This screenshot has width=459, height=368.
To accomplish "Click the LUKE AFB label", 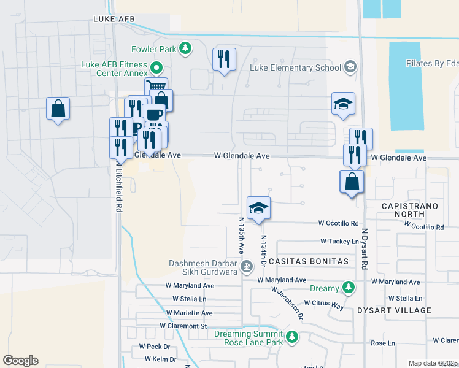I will click(114, 19).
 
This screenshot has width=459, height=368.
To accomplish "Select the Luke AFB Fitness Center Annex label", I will click(114, 69).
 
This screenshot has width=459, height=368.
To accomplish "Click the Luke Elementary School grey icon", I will click(350, 66).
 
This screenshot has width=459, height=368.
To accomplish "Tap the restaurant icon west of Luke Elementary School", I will click(223, 59).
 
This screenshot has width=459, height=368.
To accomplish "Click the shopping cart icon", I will click(156, 88).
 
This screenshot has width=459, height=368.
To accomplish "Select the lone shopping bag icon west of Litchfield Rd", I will click(58, 109).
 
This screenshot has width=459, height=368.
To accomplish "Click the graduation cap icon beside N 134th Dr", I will click(259, 207).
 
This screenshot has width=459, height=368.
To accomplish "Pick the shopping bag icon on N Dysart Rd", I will click(352, 182).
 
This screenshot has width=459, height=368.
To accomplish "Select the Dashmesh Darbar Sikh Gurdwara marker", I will click(247, 266).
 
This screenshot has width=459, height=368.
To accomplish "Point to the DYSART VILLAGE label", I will click(395, 310).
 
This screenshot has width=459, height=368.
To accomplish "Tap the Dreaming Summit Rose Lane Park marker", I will click(293, 337).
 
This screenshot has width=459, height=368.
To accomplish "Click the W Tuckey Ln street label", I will click(339, 242).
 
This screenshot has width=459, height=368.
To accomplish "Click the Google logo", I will click(20, 361).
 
